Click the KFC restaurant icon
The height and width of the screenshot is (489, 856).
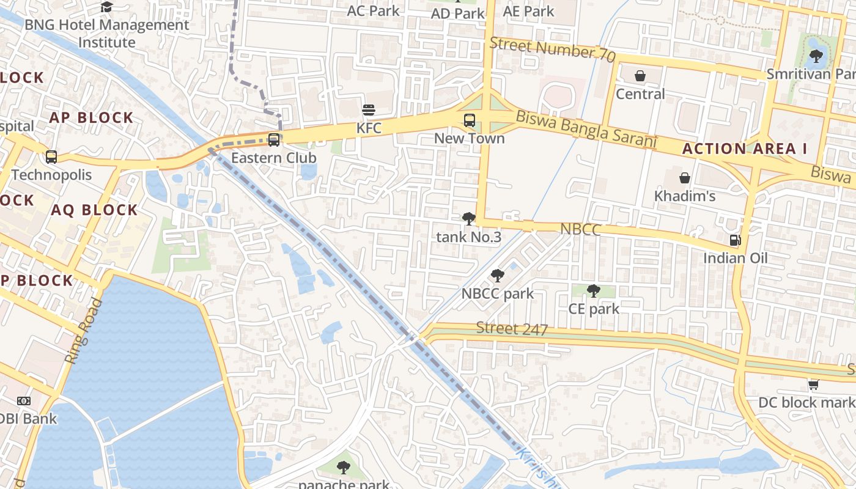(x=369, y=110)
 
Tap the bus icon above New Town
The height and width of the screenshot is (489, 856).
(x=470, y=120)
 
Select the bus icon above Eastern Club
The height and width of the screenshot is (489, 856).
(x=274, y=140)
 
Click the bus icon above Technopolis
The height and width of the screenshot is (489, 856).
(x=51, y=157)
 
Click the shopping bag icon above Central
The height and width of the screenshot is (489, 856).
(x=640, y=76)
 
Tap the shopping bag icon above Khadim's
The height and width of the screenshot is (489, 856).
(x=685, y=178)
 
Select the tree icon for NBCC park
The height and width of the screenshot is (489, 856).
(x=498, y=276)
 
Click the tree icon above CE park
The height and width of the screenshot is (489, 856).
(x=593, y=291)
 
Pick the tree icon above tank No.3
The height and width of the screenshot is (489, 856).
(x=469, y=218)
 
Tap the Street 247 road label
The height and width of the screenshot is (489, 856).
(x=512, y=328)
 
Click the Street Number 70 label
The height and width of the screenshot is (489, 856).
(x=552, y=48)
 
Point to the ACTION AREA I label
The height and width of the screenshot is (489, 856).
(x=745, y=149)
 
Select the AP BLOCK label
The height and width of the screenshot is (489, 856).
(x=92, y=118)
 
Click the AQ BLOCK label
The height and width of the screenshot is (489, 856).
(x=95, y=210)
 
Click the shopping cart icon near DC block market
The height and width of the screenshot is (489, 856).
(x=813, y=384)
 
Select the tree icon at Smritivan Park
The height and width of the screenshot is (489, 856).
(x=816, y=57)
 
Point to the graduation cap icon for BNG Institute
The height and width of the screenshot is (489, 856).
(x=107, y=7)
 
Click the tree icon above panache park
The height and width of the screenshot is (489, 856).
(x=344, y=468)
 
